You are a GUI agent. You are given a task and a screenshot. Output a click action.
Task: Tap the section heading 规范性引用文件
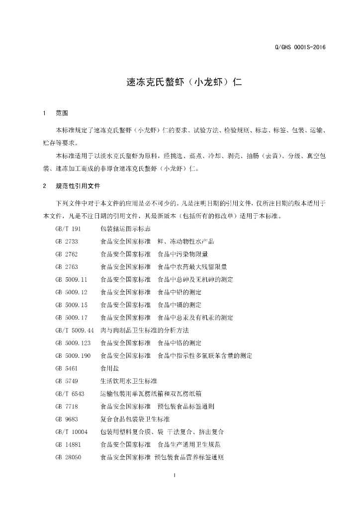(x=78, y=186)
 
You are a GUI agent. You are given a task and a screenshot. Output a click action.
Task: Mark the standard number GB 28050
(x=69, y=457)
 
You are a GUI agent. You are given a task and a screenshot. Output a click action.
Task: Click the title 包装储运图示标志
(x=125, y=229)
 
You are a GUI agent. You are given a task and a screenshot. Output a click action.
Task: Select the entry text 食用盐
(x=110, y=368)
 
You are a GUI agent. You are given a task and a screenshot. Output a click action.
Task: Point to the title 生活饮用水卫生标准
(x=129, y=381)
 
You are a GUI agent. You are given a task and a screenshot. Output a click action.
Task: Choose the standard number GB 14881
(x=69, y=444)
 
